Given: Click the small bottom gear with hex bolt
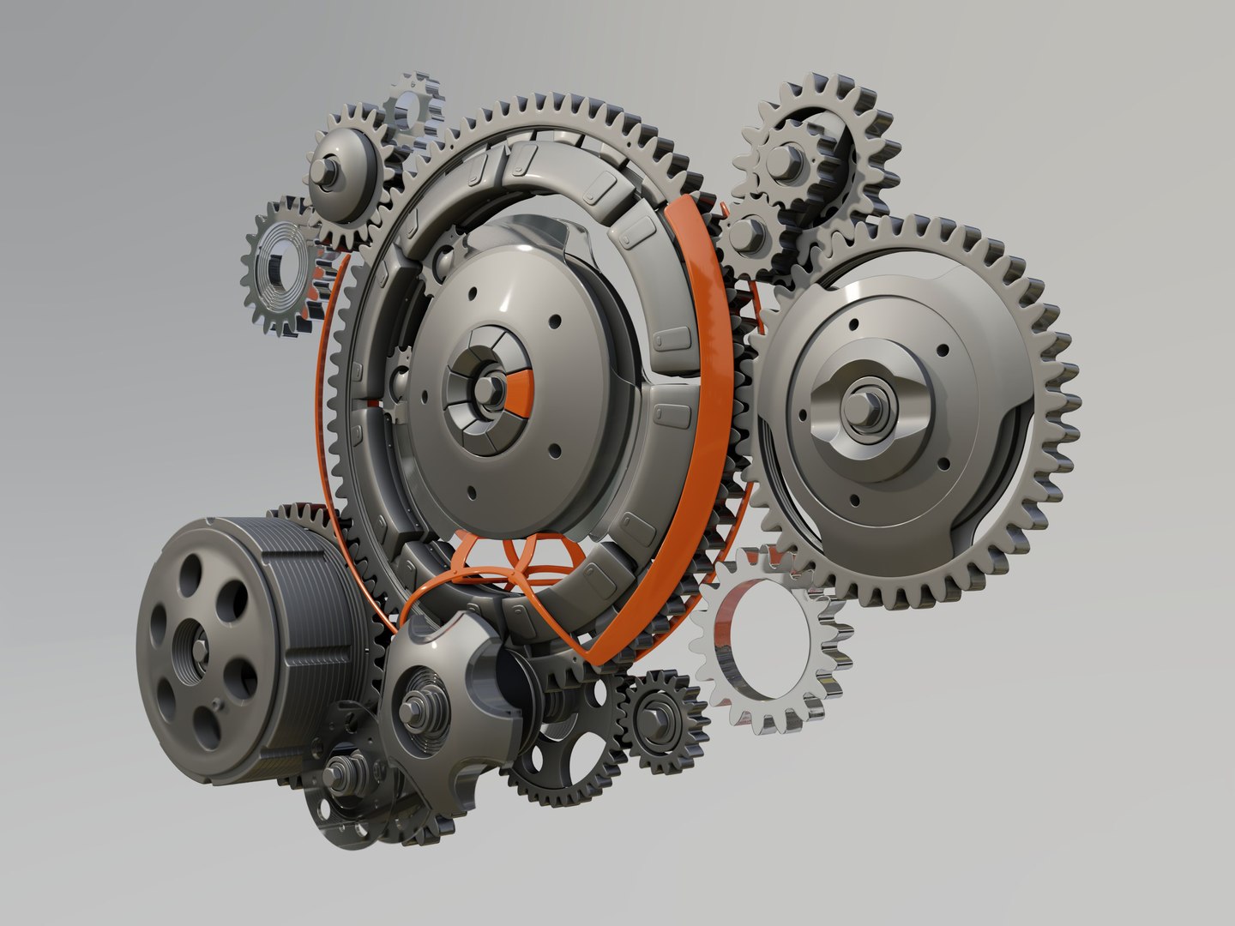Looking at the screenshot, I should (660, 711).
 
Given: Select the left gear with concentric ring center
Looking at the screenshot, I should (280, 266).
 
